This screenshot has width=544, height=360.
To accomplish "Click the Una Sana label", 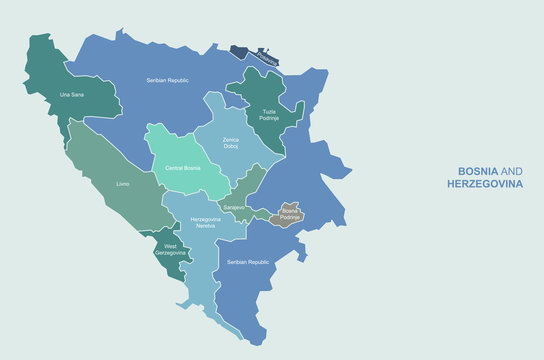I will (72, 94).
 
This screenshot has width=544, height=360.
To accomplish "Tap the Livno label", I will (122, 184).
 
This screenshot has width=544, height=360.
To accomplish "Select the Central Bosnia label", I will (183, 169).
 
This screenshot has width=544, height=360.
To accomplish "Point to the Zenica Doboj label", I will (231, 143).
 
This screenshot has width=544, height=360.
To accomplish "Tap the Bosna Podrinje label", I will (289, 213).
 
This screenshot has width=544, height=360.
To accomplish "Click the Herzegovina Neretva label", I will (205, 223).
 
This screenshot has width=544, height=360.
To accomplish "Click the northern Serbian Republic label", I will (167, 80).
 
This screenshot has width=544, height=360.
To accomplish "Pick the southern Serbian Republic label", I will (250, 262).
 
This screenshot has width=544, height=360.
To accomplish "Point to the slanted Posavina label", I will (264, 59).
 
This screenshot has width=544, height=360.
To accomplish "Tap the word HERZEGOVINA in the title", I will (485, 184).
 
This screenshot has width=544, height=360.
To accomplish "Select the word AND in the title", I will (511, 171).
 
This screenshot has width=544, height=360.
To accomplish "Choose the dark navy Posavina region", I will (245, 51).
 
